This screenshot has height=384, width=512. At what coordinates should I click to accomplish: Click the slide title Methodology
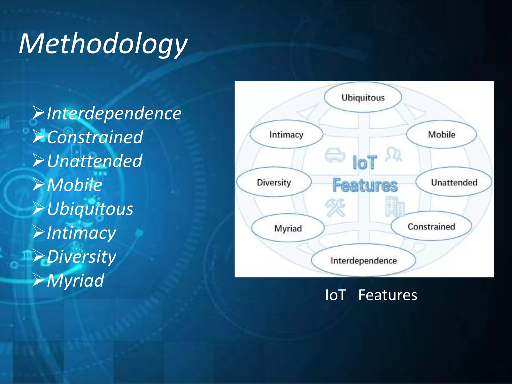103,44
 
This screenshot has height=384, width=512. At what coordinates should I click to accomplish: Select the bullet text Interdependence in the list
114,113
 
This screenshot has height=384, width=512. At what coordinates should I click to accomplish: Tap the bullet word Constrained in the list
95,137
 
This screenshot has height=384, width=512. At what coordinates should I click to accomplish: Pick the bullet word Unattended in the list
95,161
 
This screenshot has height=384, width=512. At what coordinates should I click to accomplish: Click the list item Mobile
74,185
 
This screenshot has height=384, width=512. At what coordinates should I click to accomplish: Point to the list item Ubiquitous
90,209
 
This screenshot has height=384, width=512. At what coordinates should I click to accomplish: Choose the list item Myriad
75,280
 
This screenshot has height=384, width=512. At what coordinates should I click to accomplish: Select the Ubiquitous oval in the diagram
363,97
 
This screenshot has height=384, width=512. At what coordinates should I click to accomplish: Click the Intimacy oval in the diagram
286,134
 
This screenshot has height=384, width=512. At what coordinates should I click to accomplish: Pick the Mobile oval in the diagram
441,134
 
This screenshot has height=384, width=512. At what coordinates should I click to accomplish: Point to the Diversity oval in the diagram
274,182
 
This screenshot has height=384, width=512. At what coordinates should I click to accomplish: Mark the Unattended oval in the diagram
454,182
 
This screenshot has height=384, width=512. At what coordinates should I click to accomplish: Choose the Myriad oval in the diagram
288,228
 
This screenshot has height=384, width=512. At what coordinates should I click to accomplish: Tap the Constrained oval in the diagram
431,226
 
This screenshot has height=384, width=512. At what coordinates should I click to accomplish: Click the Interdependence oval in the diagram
363,260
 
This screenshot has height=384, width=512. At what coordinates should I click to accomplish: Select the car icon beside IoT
334,155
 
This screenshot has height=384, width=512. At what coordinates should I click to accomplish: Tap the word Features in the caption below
387,295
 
